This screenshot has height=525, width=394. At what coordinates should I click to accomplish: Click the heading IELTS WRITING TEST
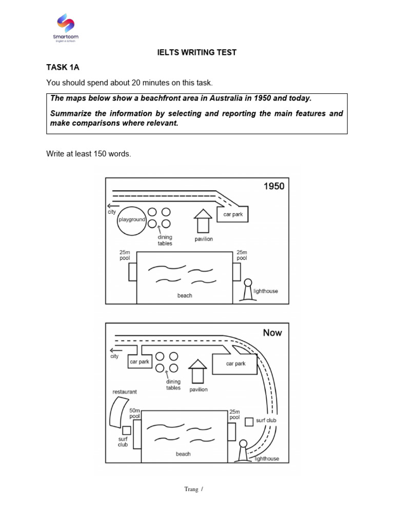click(196, 53)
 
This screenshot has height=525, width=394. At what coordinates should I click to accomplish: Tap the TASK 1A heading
click(63, 68)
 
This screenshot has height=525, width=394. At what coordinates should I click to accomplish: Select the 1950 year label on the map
click(273, 187)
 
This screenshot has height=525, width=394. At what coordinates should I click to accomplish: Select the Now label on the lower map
click(272, 333)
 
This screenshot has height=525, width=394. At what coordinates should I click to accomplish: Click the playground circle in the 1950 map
click(132, 220)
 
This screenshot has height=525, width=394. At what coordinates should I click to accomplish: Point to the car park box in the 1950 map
click(233, 214)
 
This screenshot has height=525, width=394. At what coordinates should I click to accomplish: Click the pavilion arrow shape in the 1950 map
click(203, 221)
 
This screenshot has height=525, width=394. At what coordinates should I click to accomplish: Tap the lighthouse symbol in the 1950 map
click(248, 290)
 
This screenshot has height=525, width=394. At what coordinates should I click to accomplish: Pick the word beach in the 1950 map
click(185, 296)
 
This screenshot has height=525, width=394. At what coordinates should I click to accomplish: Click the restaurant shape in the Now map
click(117, 413)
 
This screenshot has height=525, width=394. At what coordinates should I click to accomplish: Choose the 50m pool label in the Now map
click(135, 414)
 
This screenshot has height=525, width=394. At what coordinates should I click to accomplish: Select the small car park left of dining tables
click(139, 361)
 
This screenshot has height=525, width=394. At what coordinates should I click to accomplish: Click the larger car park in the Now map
click(235, 364)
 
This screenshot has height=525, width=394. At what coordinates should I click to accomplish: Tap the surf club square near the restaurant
click(127, 430)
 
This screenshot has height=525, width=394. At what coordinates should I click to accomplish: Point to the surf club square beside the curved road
click(249, 421)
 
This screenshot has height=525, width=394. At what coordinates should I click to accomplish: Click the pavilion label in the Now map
click(198, 390)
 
